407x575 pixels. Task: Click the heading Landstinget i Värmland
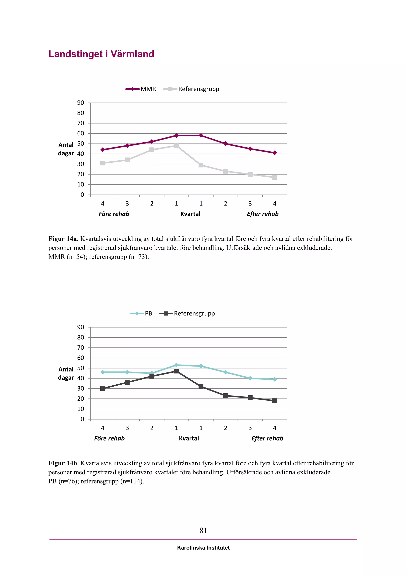(x=101, y=54)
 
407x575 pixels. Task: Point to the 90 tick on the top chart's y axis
(x=81, y=103)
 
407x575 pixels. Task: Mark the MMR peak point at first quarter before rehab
(x=176, y=135)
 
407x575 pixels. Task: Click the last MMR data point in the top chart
(x=275, y=153)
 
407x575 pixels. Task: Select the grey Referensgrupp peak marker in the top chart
(x=176, y=146)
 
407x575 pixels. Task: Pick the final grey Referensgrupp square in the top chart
(x=275, y=177)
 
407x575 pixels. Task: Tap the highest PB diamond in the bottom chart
(x=176, y=365)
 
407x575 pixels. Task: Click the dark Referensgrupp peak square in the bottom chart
(x=176, y=371)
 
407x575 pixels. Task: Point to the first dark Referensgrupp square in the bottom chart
(x=103, y=388)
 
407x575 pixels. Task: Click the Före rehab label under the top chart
(x=114, y=214)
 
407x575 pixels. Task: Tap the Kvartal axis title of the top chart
(x=190, y=214)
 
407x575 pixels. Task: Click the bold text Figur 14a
(x=62, y=239)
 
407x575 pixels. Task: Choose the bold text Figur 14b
(x=63, y=463)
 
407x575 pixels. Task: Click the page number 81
(x=203, y=530)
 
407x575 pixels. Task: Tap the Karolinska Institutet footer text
(x=203, y=548)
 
